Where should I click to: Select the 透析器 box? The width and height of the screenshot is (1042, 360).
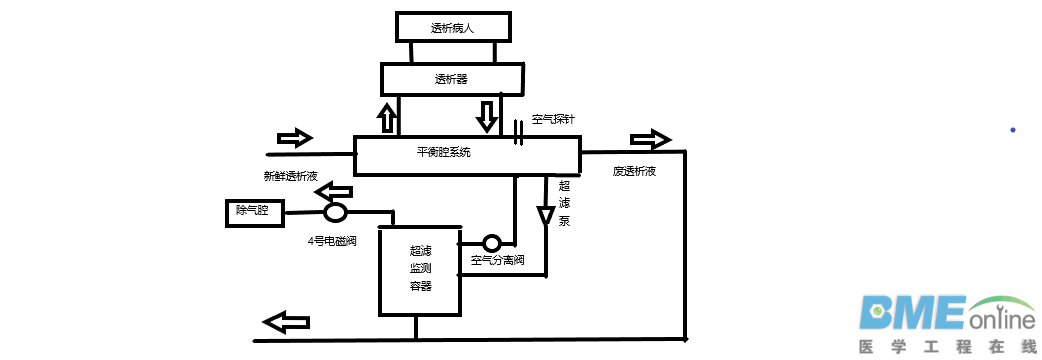(451, 79)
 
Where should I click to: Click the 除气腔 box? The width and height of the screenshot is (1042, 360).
(253, 211)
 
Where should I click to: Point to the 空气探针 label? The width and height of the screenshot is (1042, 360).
(553, 119)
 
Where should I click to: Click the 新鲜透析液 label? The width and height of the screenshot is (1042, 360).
(290, 176)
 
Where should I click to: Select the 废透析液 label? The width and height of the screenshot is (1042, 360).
(634, 171)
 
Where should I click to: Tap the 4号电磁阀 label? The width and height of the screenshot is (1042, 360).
(334, 241)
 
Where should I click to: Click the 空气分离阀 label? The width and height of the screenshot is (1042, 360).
(498, 261)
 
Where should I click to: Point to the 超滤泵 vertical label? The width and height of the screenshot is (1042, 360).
(564, 204)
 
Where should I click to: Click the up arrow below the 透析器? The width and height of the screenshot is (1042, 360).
(387, 117)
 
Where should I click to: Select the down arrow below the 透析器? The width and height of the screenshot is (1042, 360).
(487, 115)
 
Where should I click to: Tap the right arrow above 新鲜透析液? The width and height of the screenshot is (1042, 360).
(294, 137)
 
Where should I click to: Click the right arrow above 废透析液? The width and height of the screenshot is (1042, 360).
(650, 139)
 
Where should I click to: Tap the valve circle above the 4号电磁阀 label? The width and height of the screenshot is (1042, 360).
(335, 212)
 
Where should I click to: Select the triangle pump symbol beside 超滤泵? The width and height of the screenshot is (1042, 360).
(545, 216)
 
